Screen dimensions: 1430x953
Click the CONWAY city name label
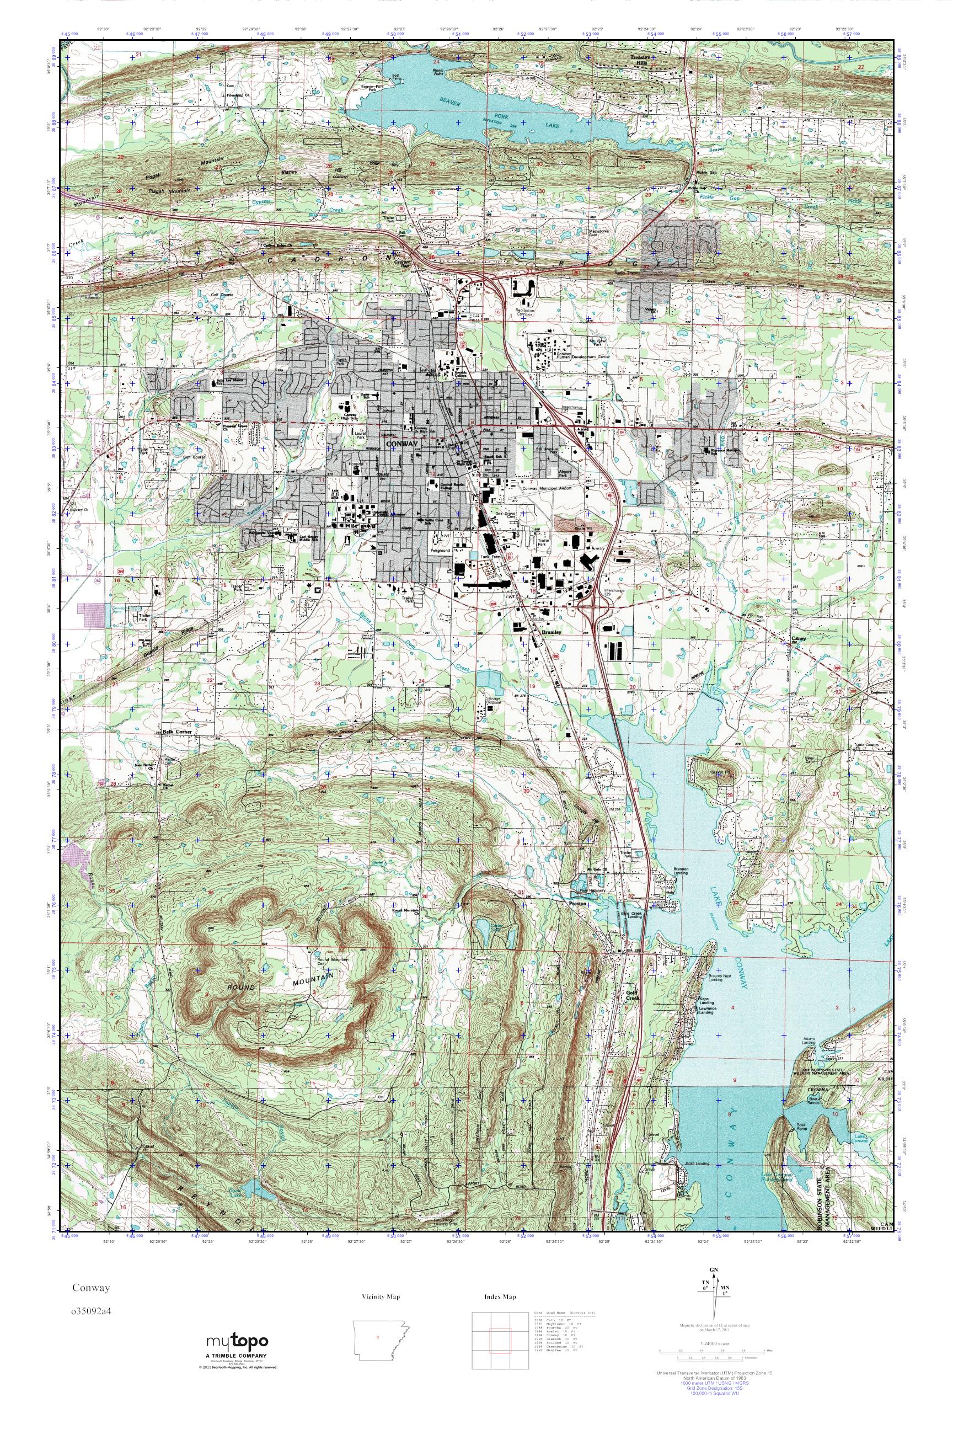click(401, 445)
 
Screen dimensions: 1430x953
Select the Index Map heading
click(500, 1297)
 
